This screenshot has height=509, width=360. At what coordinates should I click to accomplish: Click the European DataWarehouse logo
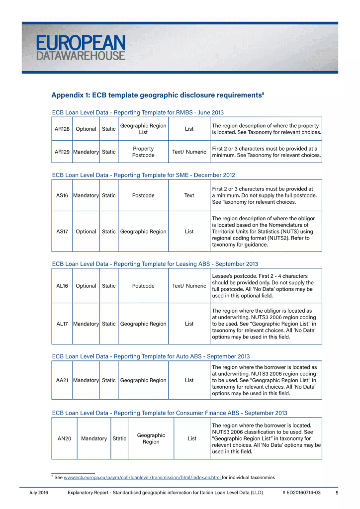tap(81, 48)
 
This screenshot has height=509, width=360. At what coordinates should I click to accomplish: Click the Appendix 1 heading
tap(158, 94)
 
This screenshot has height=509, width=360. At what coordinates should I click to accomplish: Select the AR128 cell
tap(62, 129)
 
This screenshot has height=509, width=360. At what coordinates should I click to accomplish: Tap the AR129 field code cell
tap(62, 152)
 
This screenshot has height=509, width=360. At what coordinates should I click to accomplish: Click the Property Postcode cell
tap(143, 152)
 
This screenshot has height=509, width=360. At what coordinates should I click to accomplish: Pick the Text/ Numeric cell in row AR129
tap(189, 152)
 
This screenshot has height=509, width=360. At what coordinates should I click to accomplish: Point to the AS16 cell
tap(62, 196)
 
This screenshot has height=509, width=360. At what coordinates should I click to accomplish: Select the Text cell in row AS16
tap(189, 196)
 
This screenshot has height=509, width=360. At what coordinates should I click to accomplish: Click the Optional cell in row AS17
tap(86, 232)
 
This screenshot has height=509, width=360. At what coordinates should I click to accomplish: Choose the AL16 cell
tap(62, 286)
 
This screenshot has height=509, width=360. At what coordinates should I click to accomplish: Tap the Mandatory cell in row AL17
tap(86, 324)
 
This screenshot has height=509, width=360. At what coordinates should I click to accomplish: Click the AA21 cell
tap(62, 381)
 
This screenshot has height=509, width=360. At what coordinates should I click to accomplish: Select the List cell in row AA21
tap(189, 381)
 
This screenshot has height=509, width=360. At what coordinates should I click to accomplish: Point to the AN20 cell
tap(64, 439)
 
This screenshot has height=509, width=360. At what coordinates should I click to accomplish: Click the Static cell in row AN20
tap(119, 439)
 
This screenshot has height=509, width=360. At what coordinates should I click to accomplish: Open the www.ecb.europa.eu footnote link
tap(142, 478)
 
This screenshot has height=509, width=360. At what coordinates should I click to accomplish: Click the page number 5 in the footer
tap(337, 493)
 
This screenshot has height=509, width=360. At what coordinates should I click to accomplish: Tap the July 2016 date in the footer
tap(38, 493)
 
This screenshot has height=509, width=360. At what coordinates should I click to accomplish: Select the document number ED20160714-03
tap(303, 493)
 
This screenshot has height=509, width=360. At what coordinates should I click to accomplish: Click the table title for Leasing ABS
tap(155, 264)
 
